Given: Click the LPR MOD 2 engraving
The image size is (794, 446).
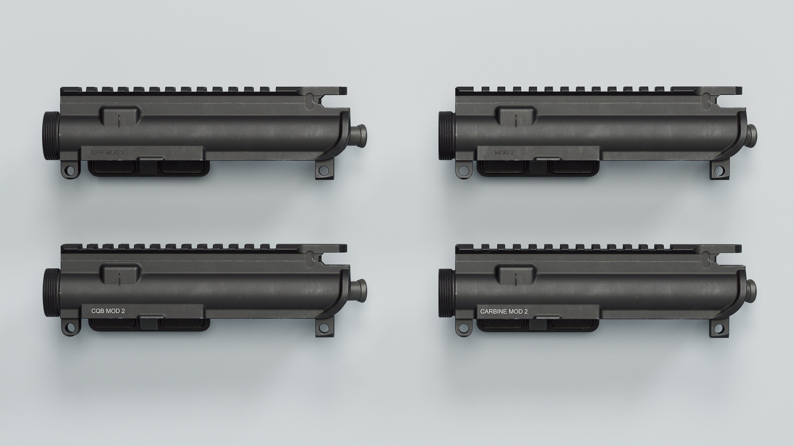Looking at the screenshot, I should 108,152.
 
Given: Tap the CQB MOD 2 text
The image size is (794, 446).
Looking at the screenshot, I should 108,311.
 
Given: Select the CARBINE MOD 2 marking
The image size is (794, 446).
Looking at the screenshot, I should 504,312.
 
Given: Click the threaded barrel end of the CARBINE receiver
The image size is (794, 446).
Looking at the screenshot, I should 444,292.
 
